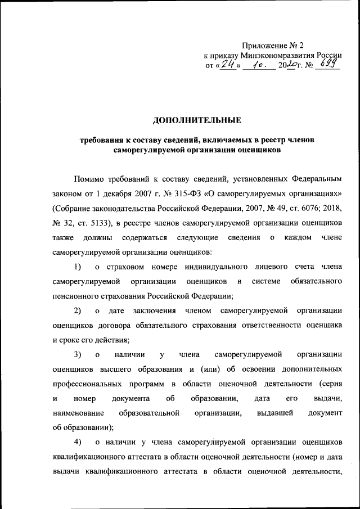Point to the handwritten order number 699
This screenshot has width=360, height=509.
click(328, 65)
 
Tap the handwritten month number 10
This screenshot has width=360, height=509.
click(258, 65)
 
